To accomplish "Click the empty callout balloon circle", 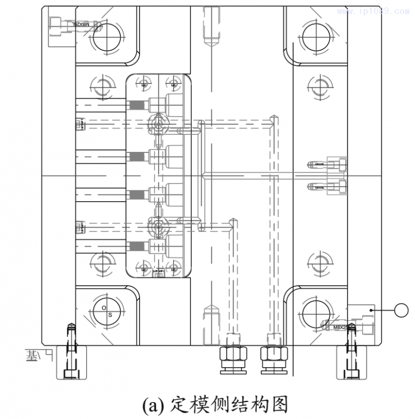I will pos(402,310).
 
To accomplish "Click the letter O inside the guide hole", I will pos(104,308).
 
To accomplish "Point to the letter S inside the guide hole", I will pos(110,314).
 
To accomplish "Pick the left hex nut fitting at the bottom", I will pos(233,358).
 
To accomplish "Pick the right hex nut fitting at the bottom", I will pos(273,358).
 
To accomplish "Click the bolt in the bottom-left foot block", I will pos(70,353).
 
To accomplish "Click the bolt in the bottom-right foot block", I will pos(351,353).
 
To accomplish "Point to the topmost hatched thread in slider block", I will pos(136,104).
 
